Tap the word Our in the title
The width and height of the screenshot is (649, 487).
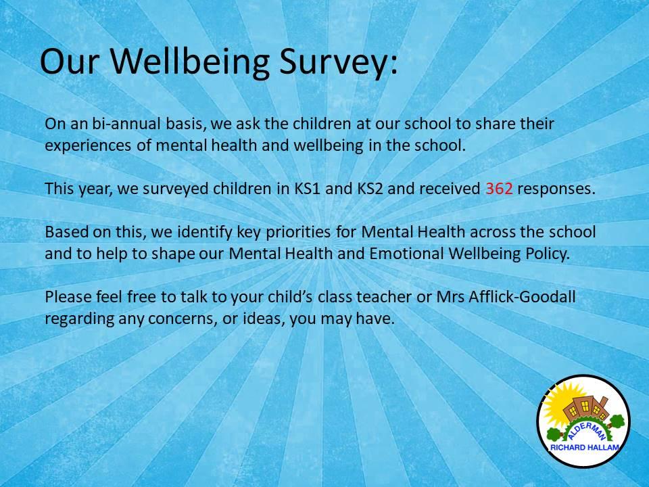tap(70, 62)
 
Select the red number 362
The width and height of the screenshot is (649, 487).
tap(499, 189)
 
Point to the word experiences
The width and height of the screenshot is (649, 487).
tap(88, 146)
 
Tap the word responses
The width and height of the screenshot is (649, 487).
tap(556, 189)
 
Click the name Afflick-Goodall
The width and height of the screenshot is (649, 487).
tap(522, 297)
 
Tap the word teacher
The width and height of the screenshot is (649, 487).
tap(384, 298)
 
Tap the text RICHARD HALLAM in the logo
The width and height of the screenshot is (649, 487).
tap(584, 447)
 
